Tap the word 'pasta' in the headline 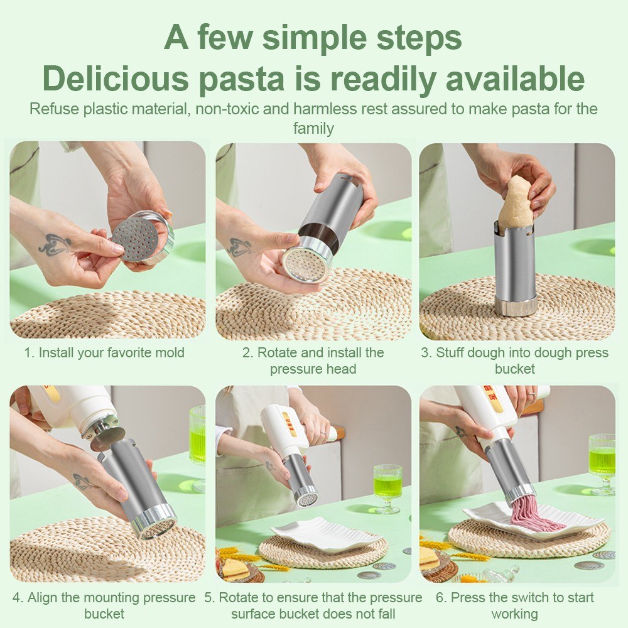tap(242, 79)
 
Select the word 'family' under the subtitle tap(313, 129)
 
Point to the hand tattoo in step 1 tap(55, 244)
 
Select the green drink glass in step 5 tap(387, 489)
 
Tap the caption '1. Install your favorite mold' tap(104, 353)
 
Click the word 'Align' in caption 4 tap(43, 598)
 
